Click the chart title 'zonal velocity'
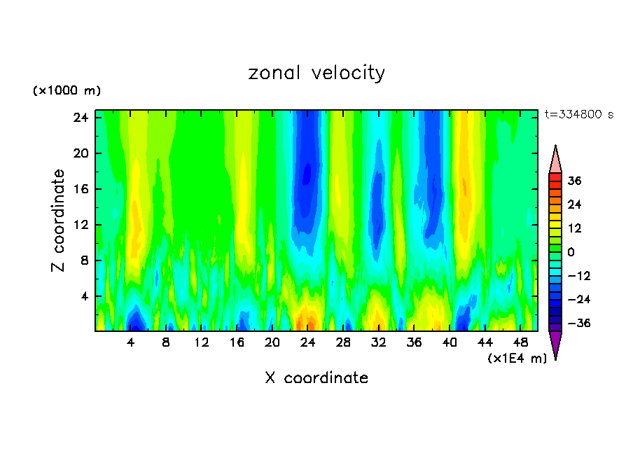(x=316, y=73)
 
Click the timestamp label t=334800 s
(x=578, y=114)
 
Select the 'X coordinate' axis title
(x=316, y=378)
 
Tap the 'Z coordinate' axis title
(x=59, y=221)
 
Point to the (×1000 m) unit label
(x=67, y=91)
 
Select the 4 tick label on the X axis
(x=131, y=343)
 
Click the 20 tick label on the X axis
(x=272, y=343)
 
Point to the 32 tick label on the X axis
(x=379, y=343)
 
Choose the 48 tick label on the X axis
(x=520, y=343)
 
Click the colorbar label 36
(x=574, y=181)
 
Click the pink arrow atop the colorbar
(x=555, y=160)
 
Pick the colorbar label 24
(x=574, y=204)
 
